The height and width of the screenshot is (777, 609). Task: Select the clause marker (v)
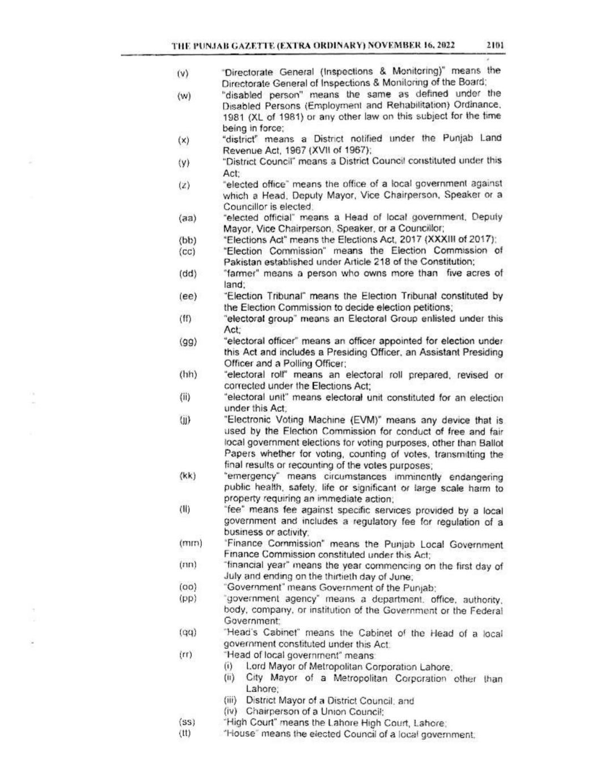pos(183,73)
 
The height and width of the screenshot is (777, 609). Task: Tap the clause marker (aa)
pos(188,218)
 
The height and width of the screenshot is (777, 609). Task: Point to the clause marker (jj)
pos(184,420)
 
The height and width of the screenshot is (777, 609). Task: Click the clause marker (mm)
pos(191,544)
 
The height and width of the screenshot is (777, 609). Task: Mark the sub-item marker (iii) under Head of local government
pos(231,700)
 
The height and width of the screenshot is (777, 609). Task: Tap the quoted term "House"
pos(240,734)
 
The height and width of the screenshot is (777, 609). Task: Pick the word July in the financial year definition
pos(234,577)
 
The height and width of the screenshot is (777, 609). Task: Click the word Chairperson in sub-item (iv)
pos(270,712)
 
